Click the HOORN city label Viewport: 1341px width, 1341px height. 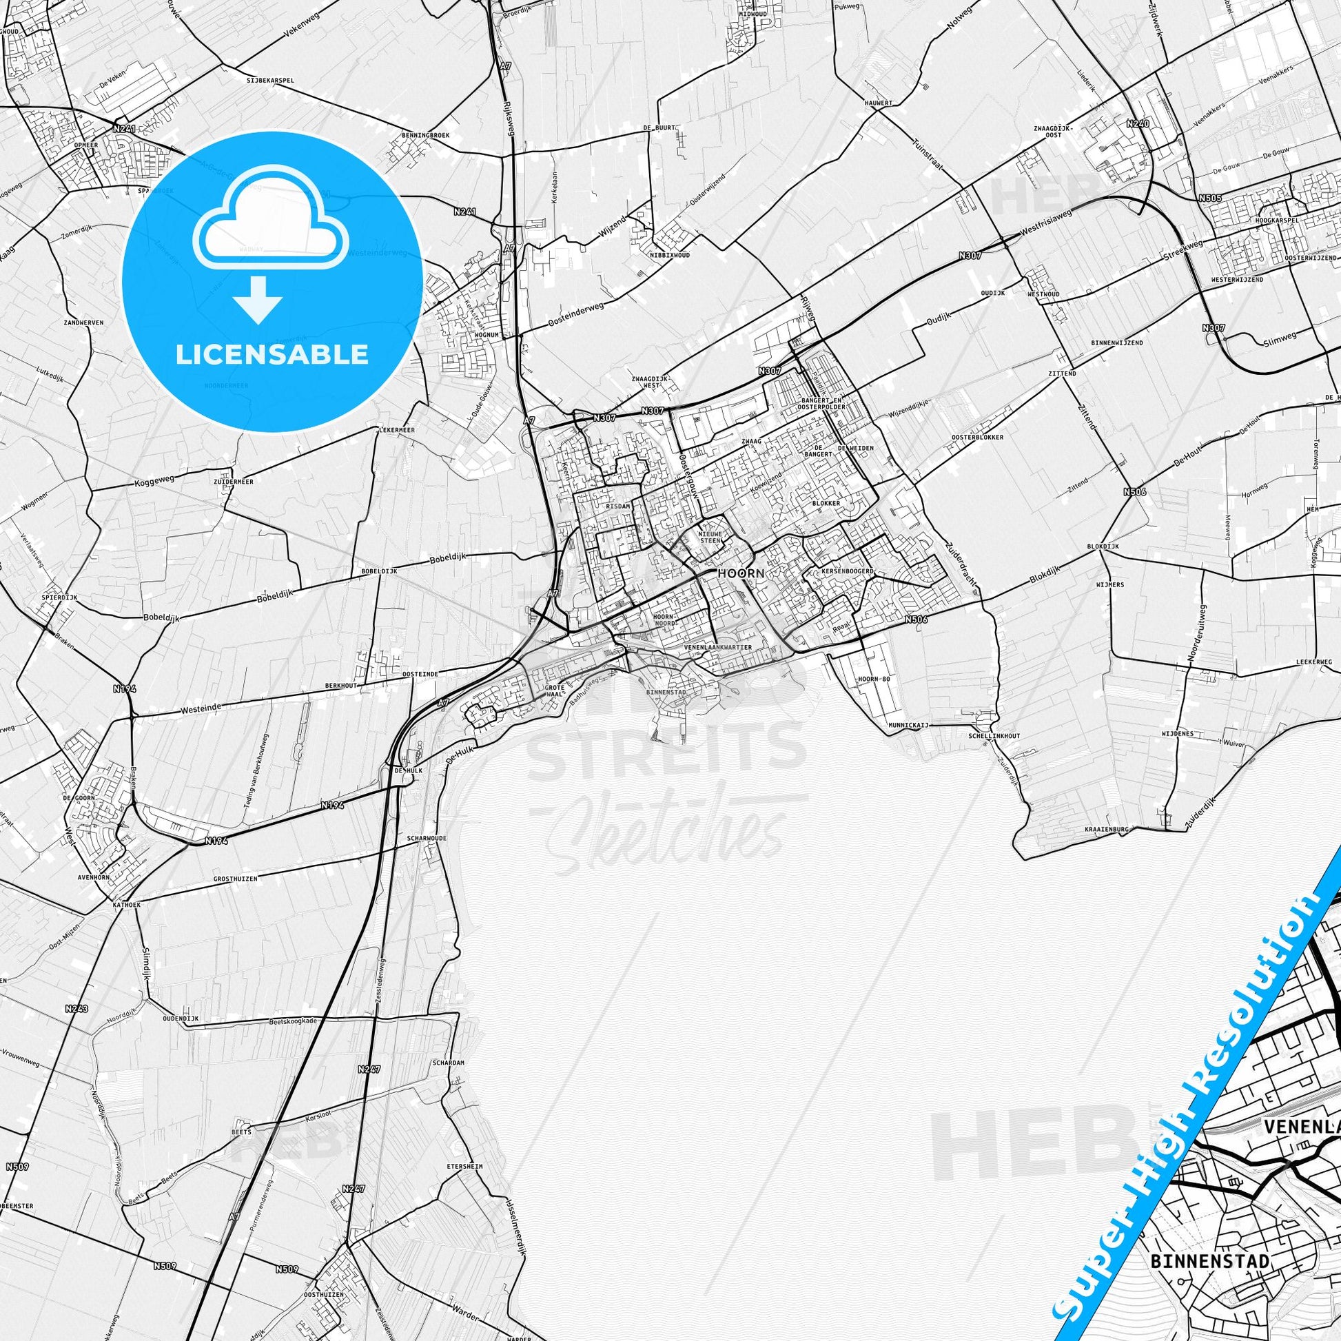741,574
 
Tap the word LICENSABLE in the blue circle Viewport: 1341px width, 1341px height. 272,355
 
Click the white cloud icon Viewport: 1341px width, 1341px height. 272,220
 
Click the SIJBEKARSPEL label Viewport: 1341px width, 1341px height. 270,80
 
